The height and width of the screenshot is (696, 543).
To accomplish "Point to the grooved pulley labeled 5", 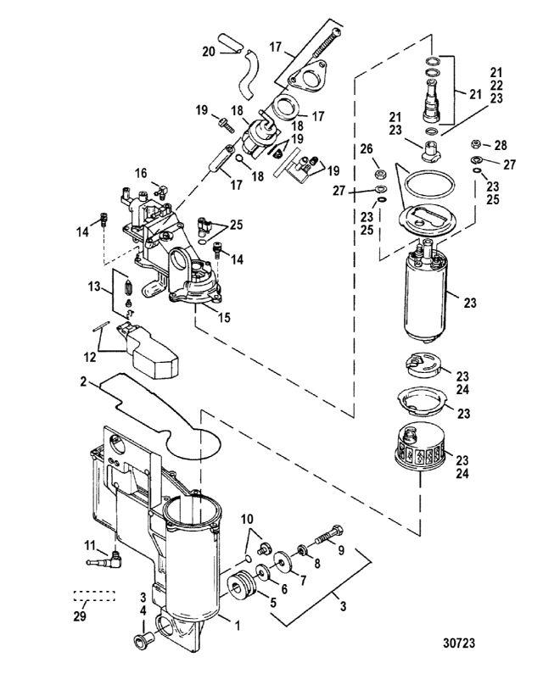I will [244, 587].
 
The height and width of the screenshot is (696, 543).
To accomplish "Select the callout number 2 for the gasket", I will [84, 382].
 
